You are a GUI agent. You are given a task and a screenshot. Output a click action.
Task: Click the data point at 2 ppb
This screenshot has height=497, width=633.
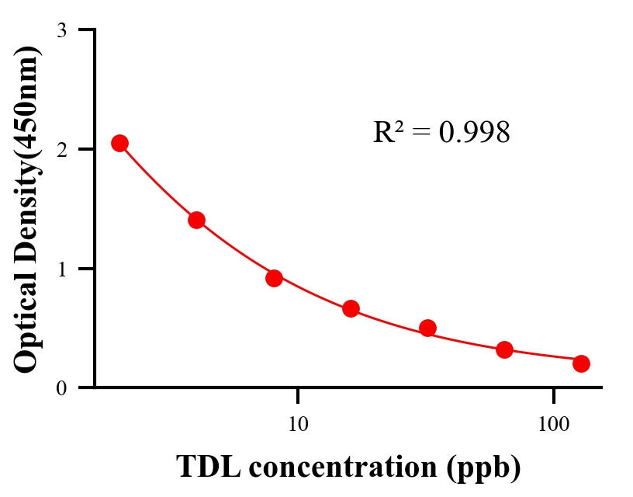[119, 143]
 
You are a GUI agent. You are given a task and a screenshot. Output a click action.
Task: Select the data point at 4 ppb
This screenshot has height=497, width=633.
[196, 220]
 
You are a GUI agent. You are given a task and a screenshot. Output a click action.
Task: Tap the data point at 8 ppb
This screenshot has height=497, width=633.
[274, 278]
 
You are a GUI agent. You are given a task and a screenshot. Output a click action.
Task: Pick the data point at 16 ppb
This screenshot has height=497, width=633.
[351, 308]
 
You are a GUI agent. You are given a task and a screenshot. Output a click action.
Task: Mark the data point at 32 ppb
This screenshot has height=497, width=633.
[427, 328]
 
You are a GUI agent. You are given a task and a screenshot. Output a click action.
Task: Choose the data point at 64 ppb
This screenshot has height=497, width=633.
[504, 349]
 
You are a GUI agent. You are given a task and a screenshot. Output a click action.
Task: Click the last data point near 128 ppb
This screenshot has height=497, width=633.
[581, 363]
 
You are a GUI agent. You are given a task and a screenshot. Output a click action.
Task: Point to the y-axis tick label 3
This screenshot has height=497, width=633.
[61, 30]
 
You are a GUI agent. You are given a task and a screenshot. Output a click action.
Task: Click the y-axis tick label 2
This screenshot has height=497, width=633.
[61, 149]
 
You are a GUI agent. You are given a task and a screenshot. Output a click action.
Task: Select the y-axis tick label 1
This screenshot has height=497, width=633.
[61, 269]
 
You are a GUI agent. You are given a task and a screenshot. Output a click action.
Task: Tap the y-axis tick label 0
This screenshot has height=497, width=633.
[61, 388]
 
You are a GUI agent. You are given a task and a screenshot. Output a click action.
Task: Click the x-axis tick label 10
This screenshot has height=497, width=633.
[298, 424]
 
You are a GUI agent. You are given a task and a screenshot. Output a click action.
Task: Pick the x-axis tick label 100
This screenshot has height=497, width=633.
[553, 424]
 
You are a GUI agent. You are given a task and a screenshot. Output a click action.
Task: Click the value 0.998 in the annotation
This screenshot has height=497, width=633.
[474, 133]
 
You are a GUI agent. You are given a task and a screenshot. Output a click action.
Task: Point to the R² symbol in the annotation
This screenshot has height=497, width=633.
[387, 133]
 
